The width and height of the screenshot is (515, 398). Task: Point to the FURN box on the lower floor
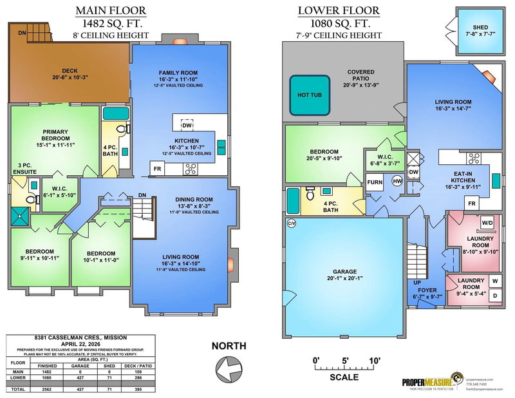[x=375, y=182]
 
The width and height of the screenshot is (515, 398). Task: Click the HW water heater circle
[x=397, y=182]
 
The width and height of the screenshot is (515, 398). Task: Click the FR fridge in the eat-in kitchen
[x=473, y=204]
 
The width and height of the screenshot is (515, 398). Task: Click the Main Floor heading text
[x=111, y=10]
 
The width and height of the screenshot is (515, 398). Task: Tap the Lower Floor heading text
[x=339, y=10]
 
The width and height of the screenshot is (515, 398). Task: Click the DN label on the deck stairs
[x=22, y=32]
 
